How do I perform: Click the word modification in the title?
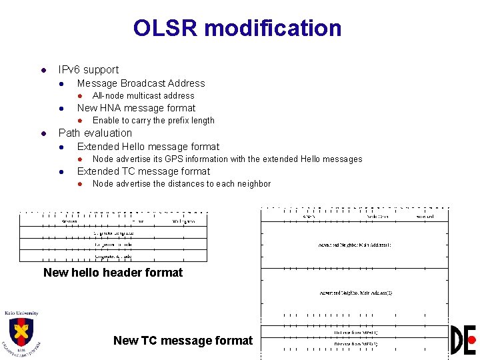(273, 28)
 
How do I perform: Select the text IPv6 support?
(89, 69)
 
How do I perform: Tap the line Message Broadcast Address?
(141, 83)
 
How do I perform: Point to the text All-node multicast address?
(143, 96)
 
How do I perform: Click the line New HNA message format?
(136, 108)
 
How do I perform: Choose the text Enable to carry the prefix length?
(153, 121)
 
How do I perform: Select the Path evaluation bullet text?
(95, 133)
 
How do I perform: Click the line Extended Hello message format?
(148, 147)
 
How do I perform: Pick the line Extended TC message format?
(143, 171)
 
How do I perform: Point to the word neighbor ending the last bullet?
(254, 184)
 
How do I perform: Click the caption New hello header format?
(113, 272)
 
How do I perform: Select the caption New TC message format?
(183, 341)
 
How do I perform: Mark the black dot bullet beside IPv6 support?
(43, 70)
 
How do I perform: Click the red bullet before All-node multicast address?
(79, 96)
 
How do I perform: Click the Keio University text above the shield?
(21, 313)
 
